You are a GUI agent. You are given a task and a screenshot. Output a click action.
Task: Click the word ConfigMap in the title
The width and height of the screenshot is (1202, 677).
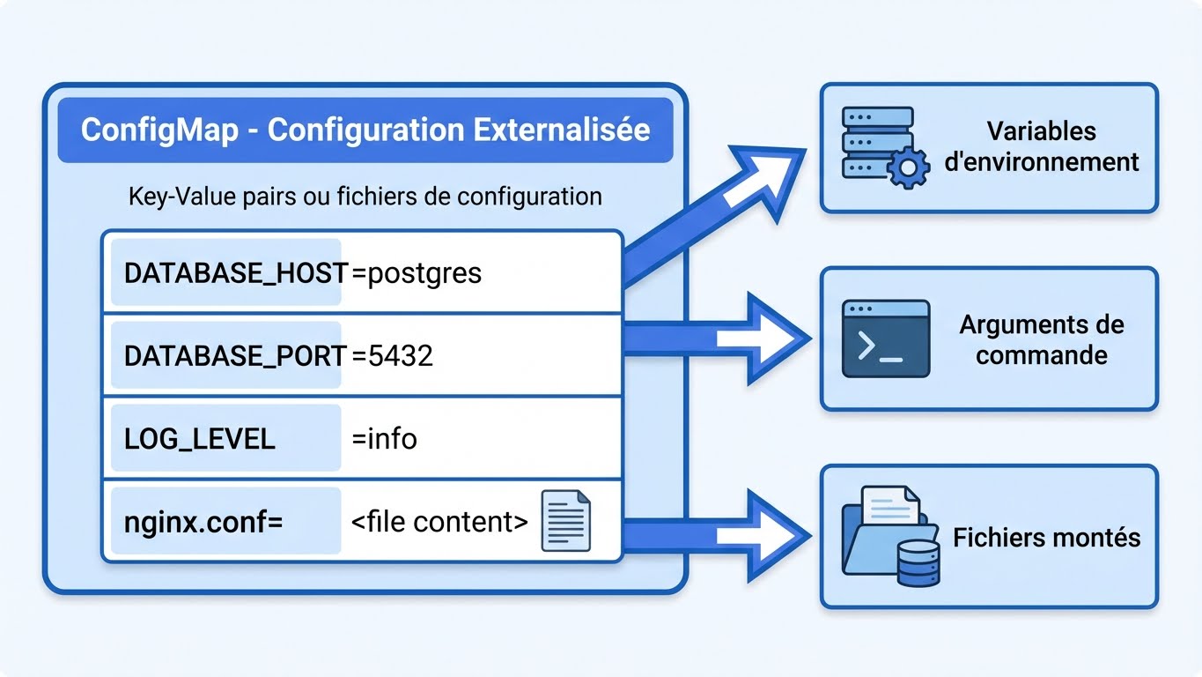click(159, 130)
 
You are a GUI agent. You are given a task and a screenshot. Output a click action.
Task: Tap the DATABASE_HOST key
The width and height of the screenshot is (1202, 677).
click(235, 272)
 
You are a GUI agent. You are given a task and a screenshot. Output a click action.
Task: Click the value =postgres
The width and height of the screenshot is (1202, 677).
click(417, 272)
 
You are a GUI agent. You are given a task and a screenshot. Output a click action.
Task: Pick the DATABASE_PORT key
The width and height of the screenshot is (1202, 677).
click(235, 355)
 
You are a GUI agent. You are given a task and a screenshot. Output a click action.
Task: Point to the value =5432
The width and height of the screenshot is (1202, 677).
click(392, 355)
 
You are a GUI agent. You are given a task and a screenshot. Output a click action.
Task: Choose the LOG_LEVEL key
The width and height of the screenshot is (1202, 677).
click(200, 438)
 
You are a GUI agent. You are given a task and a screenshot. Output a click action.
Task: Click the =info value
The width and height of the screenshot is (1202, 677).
click(384, 438)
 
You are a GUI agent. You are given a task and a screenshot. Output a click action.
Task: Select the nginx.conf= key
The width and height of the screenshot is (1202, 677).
click(203, 521)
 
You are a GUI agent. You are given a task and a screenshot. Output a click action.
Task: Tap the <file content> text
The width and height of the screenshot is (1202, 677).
click(439, 521)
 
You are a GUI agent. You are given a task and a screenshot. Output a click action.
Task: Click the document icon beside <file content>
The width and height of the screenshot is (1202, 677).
click(564, 521)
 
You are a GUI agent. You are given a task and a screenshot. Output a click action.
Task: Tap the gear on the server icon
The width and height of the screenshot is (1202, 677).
click(907, 167)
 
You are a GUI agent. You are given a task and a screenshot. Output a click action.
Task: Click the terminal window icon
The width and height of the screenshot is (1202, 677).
click(885, 338)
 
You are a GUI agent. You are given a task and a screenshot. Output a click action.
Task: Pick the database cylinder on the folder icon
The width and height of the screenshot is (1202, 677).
click(918, 564)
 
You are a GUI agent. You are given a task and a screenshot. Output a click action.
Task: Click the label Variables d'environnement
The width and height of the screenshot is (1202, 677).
click(1041, 146)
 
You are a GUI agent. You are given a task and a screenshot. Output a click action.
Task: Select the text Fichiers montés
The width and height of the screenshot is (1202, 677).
click(1046, 537)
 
